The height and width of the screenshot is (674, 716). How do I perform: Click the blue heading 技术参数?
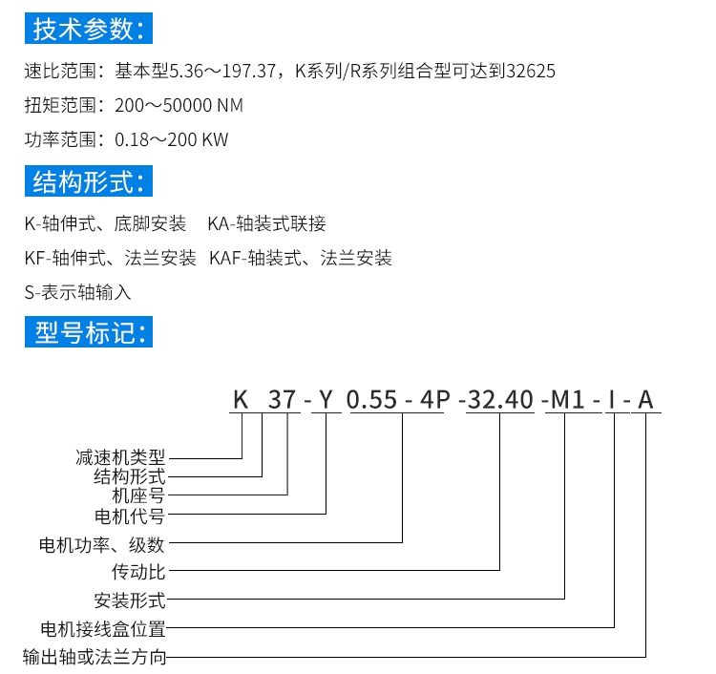click(x=89, y=29)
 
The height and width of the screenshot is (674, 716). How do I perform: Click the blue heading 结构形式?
click(x=89, y=181)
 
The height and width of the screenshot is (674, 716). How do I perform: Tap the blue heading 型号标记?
click(x=89, y=332)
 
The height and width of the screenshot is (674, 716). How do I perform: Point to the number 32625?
click(x=531, y=72)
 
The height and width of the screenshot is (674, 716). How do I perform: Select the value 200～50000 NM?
click(x=179, y=105)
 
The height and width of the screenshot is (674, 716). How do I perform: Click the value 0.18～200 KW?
click(x=171, y=139)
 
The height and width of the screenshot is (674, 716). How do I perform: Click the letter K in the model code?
click(x=241, y=400)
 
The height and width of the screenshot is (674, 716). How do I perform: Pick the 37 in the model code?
click(x=282, y=400)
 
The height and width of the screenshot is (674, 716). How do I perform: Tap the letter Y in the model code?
click(x=326, y=400)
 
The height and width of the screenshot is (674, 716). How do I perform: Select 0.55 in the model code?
click(x=371, y=400)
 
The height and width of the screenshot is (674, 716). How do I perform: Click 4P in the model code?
click(x=434, y=400)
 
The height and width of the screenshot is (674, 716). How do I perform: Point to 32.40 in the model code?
click(x=500, y=400)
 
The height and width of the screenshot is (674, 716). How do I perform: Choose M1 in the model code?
click(x=568, y=400)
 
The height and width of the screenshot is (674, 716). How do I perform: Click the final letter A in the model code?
click(x=645, y=400)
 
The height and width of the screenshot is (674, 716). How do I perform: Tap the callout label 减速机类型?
click(x=120, y=457)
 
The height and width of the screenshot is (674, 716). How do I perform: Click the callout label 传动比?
click(x=138, y=572)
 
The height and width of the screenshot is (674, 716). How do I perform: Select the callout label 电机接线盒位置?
click(x=103, y=629)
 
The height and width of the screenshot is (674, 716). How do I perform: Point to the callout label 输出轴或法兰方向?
click(x=95, y=657)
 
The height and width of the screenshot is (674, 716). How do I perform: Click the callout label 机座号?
click(x=138, y=495)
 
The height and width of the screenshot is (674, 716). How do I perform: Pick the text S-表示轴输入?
click(x=77, y=292)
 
